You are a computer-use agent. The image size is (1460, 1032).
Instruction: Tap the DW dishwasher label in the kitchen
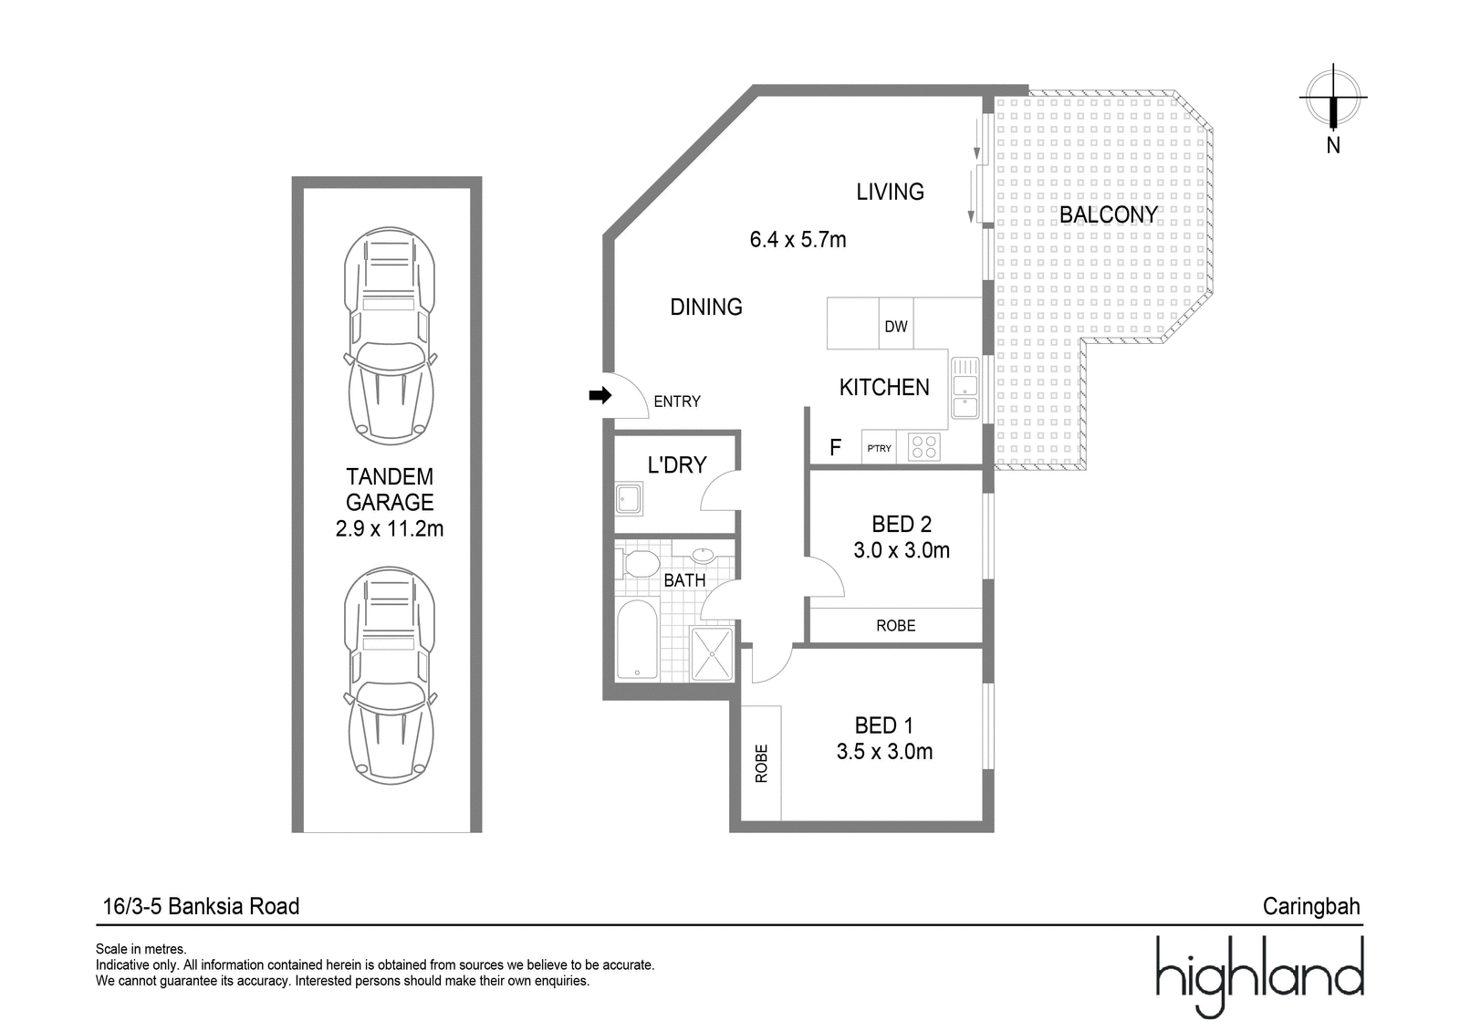tap(895, 327)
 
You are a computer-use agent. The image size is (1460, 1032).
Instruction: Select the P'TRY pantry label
tap(879, 449)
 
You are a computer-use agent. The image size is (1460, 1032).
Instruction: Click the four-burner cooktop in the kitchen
tap(924, 447)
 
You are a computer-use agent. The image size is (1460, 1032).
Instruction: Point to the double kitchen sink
tap(965, 388)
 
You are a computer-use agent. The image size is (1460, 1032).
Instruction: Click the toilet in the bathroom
tap(639, 563)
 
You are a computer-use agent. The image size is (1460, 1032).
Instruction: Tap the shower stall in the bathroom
tap(712, 653)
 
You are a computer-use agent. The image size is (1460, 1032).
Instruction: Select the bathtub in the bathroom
tap(637, 640)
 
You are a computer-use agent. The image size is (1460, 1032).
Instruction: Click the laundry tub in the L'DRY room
tap(629, 499)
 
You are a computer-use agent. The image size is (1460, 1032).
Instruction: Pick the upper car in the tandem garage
tap(390, 336)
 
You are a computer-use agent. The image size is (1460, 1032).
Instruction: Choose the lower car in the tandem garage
tap(390, 675)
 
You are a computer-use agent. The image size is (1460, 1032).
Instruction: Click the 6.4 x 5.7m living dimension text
tap(798, 240)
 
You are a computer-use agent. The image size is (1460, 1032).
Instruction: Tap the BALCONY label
tap(1108, 214)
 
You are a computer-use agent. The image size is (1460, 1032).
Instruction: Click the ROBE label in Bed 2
tap(895, 626)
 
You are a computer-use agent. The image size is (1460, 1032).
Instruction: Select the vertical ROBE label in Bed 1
tap(761, 764)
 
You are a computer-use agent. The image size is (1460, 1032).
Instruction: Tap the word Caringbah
tap(1311, 906)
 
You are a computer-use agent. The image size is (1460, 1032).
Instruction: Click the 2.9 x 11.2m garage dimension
tap(390, 528)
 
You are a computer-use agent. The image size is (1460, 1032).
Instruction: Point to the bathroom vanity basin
tap(704, 556)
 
